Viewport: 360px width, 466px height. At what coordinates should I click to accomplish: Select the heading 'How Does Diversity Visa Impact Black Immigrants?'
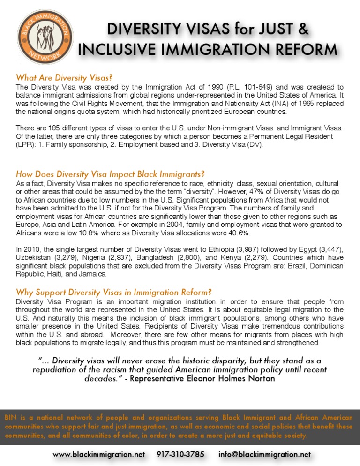click(x=110, y=174)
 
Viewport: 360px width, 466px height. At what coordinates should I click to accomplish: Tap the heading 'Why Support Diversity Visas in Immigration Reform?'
click(x=112, y=292)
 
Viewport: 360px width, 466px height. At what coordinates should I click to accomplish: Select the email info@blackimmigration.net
click(x=264, y=454)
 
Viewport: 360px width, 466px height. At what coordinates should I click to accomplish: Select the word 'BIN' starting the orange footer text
click(x=10, y=418)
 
